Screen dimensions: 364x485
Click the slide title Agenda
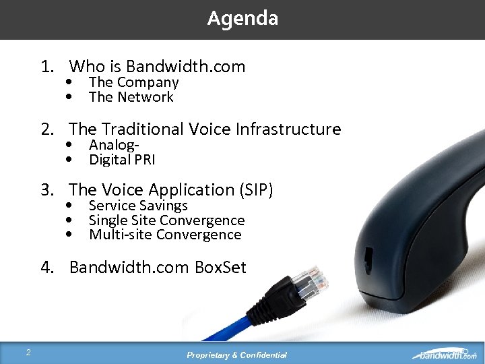[243, 18]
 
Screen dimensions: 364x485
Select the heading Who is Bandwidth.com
[157, 67]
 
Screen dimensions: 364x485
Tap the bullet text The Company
[133, 82]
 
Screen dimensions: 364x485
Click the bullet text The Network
[131, 97]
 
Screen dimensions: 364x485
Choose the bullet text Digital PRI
[122, 160]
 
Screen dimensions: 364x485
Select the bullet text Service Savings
[138, 206]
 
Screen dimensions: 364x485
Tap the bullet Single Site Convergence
[166, 220]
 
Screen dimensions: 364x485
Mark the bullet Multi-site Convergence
[165, 235]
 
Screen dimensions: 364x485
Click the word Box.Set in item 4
[220, 268]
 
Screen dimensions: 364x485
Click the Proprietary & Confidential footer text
[237, 355]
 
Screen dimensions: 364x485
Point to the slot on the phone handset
[369, 256]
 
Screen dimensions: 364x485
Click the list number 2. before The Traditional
[49, 129]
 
